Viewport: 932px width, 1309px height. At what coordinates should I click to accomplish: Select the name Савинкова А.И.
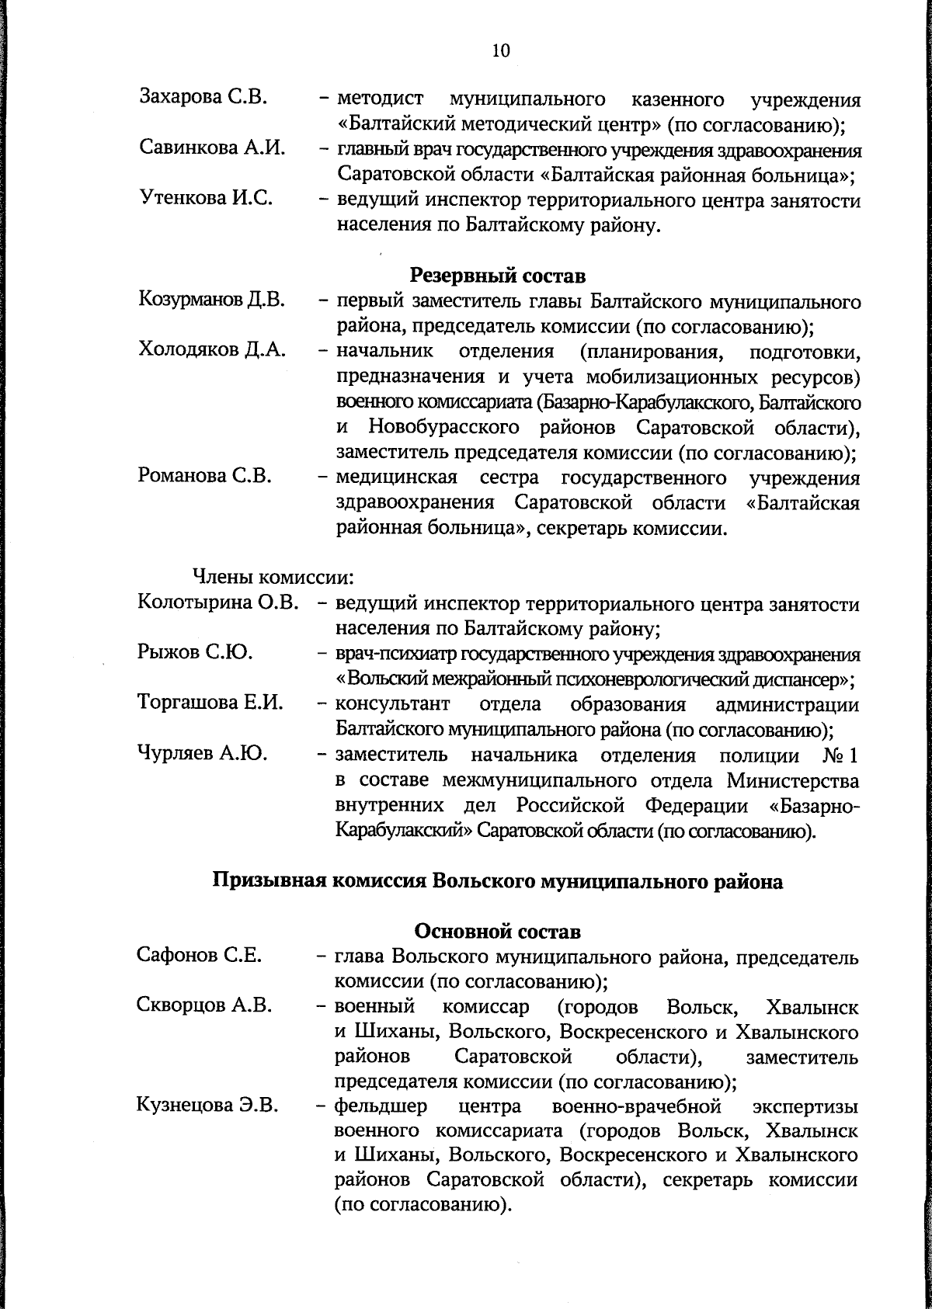tap(211, 148)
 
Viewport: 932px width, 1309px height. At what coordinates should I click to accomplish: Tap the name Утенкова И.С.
tap(206, 199)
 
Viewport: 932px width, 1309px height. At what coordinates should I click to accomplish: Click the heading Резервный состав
tap(497, 275)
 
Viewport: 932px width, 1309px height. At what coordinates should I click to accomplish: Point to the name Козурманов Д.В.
tap(212, 300)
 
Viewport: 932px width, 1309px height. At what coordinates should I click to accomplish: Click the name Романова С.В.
tap(205, 476)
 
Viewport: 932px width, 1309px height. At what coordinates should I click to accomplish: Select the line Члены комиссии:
tap(273, 578)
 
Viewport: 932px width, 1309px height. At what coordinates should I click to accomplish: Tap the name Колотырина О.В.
tap(218, 602)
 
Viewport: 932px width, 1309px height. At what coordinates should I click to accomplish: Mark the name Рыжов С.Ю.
tap(195, 653)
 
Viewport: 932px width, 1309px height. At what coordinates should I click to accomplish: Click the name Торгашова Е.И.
tap(210, 703)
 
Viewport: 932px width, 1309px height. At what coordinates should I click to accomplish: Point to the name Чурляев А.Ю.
tap(203, 754)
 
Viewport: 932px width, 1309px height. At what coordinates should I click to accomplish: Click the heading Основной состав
tap(497, 930)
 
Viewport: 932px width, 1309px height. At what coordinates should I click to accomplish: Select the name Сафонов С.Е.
tap(199, 955)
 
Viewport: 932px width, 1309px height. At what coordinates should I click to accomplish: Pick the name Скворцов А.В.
tap(204, 1005)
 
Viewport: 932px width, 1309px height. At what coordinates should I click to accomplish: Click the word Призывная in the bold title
tap(266, 882)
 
